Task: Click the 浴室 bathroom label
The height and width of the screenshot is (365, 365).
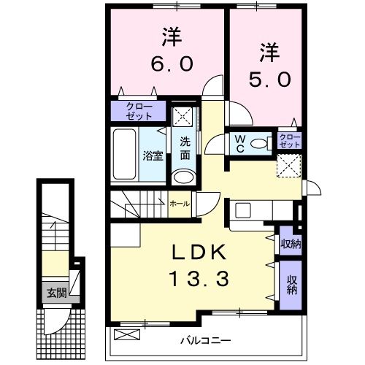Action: [152, 155]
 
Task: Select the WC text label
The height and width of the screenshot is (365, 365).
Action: [239, 143]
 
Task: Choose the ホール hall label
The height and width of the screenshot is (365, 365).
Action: [180, 204]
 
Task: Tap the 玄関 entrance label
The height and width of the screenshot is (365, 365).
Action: [56, 293]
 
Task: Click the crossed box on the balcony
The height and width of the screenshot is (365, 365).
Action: [126, 335]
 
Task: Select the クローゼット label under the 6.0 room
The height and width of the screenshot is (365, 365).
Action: [139, 111]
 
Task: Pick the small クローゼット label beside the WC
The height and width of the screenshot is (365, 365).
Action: [290, 141]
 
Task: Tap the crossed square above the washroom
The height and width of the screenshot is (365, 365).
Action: [184, 117]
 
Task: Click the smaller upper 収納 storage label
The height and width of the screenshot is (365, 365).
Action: [290, 244]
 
